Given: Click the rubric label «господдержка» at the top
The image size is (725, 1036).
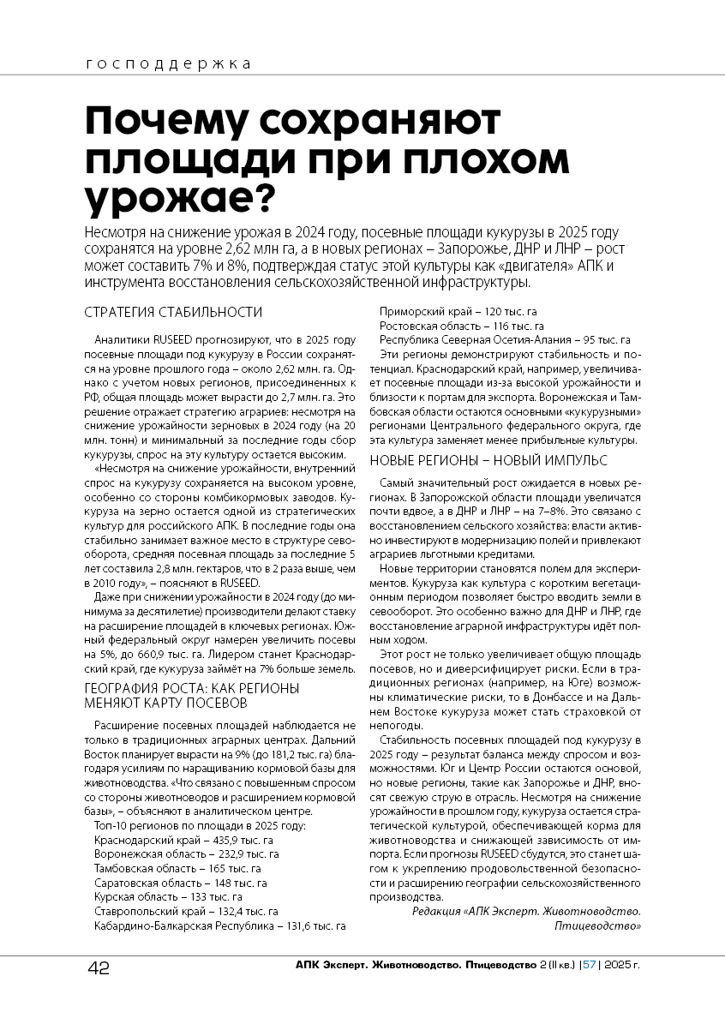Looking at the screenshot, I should [169, 63].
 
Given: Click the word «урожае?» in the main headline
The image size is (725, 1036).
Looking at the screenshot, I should [180, 197].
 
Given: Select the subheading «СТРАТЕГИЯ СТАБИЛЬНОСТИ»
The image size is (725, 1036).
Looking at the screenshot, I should [173, 312].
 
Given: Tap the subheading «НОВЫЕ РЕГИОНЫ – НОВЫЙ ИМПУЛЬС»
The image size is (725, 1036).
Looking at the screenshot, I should [488, 460].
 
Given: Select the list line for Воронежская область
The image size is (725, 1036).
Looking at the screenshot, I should [186, 854].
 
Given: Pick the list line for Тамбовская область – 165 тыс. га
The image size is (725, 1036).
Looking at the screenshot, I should [177, 868].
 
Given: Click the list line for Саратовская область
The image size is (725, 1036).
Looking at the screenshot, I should [180, 883].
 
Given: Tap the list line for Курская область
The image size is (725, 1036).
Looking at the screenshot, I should [168, 897].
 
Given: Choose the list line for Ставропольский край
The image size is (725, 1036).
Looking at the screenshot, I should [186, 911].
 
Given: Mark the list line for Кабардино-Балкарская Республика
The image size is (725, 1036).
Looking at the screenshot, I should [219, 925].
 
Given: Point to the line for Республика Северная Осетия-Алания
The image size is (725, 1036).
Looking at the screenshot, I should [505, 340].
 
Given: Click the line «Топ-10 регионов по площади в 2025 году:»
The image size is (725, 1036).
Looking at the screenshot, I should [194, 825].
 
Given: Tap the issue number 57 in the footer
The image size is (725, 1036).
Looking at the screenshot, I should [589, 965].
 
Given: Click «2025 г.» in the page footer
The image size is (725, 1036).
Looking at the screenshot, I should [621, 965].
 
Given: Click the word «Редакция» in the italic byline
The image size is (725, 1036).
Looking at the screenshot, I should [435, 912].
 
